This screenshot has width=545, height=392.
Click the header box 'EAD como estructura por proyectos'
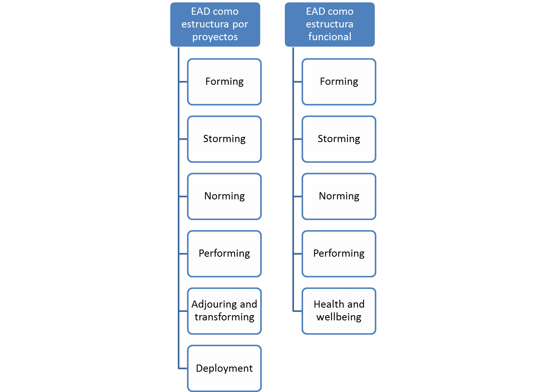tap(215, 24)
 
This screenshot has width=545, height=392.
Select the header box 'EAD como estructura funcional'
tap(329, 24)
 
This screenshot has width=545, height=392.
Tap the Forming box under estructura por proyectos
tap(224, 82)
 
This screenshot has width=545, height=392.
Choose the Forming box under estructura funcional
tap(339, 82)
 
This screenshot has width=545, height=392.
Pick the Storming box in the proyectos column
tap(224, 139)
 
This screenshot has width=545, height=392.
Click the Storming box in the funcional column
tap(339, 139)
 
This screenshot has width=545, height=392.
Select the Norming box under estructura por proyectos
tap(224, 196)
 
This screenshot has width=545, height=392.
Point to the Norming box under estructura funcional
tap(339, 196)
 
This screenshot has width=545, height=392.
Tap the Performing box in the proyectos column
tap(224, 254)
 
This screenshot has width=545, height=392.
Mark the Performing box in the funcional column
tap(339, 254)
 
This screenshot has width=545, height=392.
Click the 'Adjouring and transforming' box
tap(224, 311)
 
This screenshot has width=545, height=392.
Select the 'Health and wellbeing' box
tap(339, 311)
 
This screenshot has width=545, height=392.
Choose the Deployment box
tap(224, 368)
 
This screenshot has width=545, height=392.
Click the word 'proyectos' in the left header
tap(215, 37)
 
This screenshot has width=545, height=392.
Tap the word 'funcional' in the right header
tap(330, 37)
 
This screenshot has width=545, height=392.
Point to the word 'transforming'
tap(224, 317)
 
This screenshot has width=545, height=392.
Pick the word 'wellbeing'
tap(339, 317)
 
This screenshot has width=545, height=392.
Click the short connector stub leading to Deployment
tap(183, 368)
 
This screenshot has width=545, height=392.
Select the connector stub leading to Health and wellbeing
tap(298, 311)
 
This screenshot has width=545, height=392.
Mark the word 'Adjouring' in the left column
tap(214, 304)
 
